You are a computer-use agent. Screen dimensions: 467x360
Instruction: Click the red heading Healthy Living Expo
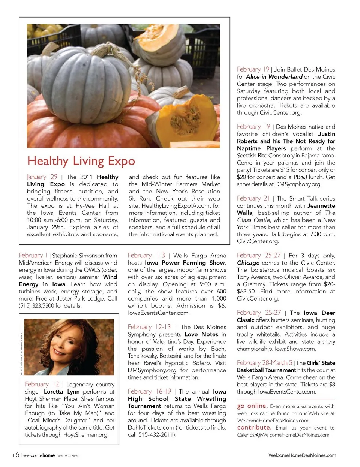(81, 161)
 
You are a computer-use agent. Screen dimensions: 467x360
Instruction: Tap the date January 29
(42, 177)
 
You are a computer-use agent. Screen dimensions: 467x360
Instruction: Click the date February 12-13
(149, 327)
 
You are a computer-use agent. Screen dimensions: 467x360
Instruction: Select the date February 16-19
(149, 391)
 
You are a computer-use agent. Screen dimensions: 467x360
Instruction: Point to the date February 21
(253, 198)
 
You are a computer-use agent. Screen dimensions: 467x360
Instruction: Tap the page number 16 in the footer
(15, 455)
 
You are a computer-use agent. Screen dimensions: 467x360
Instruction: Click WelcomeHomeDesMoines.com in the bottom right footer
(302, 455)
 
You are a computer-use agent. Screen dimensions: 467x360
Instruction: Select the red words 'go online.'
(252, 406)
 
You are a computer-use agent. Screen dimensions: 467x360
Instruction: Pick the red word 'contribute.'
(254, 427)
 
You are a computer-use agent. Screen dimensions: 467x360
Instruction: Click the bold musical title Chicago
(248, 263)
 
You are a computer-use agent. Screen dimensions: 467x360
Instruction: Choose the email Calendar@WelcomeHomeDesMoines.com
(283, 435)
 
